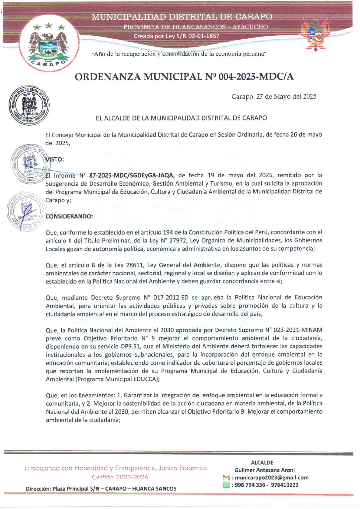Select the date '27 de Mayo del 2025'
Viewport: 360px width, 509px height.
[286, 97]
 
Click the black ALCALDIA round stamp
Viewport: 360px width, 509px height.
[29, 105]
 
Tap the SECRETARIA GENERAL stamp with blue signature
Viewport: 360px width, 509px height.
[26, 212]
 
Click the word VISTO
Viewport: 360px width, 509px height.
[55, 159]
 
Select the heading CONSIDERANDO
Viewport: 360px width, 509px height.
[69, 216]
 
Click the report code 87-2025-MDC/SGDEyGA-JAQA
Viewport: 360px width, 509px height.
[132, 175]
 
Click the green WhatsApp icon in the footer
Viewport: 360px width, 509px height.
[226, 485]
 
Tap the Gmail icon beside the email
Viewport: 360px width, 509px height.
[226, 478]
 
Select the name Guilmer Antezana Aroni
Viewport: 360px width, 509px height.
[264, 470]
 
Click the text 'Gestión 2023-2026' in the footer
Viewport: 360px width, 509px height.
[120, 477]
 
